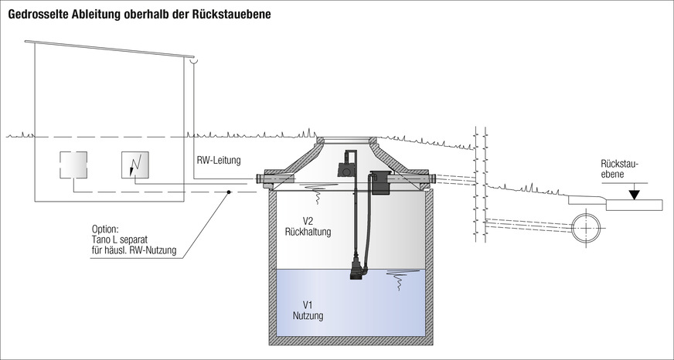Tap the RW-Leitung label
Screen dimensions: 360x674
[x=219, y=161]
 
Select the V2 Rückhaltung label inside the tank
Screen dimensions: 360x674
[x=308, y=226]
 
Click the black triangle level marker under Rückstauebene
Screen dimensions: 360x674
[x=634, y=194]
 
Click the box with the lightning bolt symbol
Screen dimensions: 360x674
[x=134, y=165]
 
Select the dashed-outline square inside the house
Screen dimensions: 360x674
[x=73, y=165]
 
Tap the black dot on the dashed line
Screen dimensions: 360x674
[x=229, y=192]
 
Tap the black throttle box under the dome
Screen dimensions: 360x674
[x=379, y=182]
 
